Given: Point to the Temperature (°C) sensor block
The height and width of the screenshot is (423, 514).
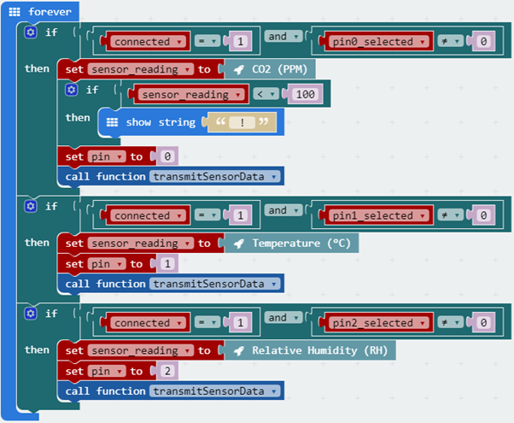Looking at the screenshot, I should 290,244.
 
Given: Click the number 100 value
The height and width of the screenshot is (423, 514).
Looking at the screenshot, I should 303,94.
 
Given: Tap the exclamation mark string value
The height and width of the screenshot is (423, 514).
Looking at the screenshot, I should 242,122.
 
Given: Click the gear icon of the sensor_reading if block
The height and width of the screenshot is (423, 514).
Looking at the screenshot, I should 72,89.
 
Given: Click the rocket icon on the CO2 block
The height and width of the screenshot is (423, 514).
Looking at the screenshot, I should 239,69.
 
